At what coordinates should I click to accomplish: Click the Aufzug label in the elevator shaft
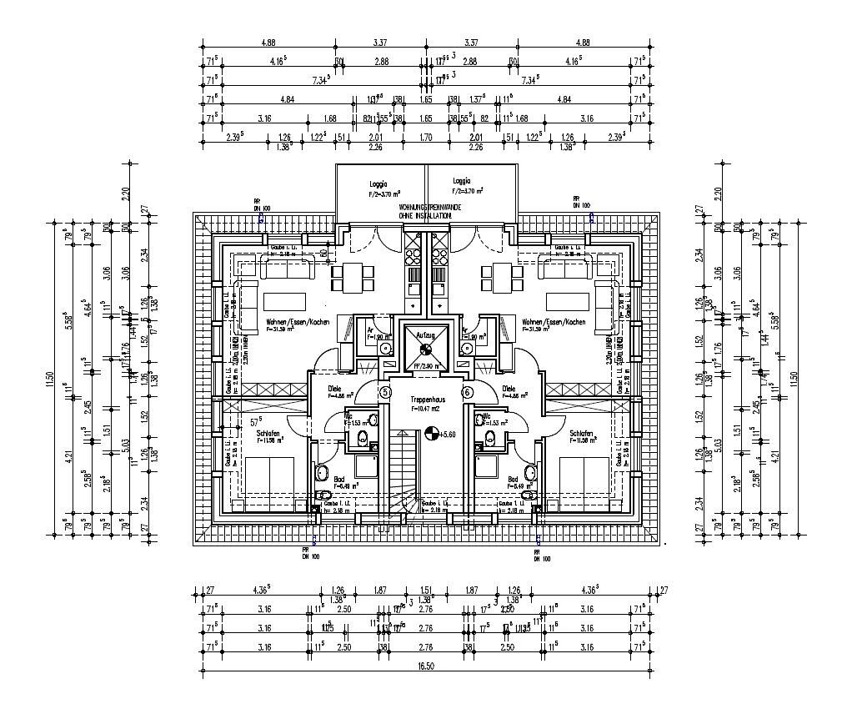(x=426, y=332)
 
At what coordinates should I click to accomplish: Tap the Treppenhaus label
(x=426, y=400)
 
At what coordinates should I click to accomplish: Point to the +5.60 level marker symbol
(x=432, y=433)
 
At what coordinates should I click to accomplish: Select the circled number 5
(x=385, y=392)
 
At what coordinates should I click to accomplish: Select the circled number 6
(x=467, y=392)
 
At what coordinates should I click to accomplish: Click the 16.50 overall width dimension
(x=426, y=667)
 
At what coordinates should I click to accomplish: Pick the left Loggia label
(x=380, y=181)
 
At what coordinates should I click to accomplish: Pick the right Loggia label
(x=463, y=181)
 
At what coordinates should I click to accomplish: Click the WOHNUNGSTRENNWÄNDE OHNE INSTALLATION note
(x=425, y=210)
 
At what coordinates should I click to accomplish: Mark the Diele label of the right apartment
(x=509, y=389)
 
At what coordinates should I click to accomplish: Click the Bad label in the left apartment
(x=339, y=480)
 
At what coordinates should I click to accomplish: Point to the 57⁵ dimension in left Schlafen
(x=257, y=422)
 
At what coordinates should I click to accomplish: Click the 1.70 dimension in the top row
(x=425, y=137)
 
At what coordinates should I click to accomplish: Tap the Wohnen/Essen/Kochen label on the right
(x=553, y=322)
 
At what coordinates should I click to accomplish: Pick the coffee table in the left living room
(x=287, y=300)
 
